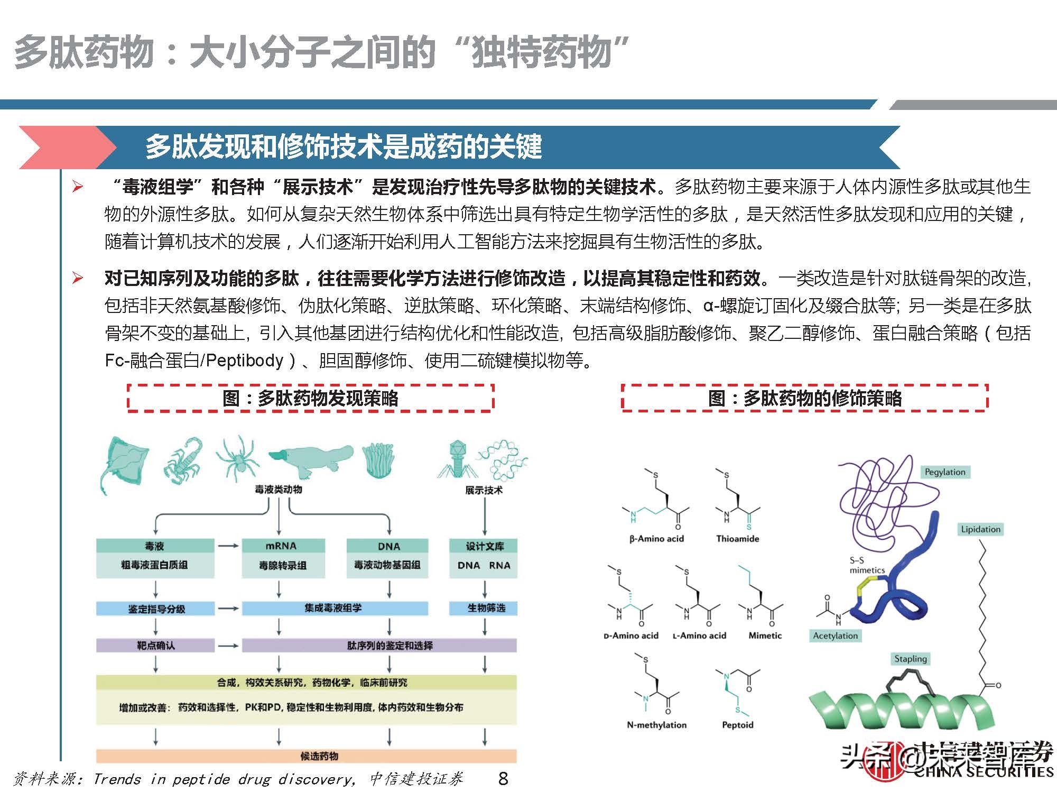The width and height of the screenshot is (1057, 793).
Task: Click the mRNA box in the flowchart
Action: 281,546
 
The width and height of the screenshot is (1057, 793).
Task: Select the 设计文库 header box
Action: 484,546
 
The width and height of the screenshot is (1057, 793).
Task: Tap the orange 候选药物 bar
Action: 307,756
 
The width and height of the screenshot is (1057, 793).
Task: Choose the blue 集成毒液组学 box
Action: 334,608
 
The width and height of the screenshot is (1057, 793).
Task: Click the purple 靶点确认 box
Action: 155,646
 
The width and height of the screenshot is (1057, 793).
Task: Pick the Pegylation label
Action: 945,472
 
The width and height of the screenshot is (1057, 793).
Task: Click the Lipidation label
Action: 980,529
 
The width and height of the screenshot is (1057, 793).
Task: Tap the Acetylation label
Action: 835,635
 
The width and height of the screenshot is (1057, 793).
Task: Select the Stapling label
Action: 910,659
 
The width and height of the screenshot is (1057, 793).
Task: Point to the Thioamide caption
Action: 737,539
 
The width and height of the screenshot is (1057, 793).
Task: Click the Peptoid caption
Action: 737,725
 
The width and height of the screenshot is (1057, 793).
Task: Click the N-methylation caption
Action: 656,725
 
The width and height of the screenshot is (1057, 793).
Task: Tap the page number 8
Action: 503,778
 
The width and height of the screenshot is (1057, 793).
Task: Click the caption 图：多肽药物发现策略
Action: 310,398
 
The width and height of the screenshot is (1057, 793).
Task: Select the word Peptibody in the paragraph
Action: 245,361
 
